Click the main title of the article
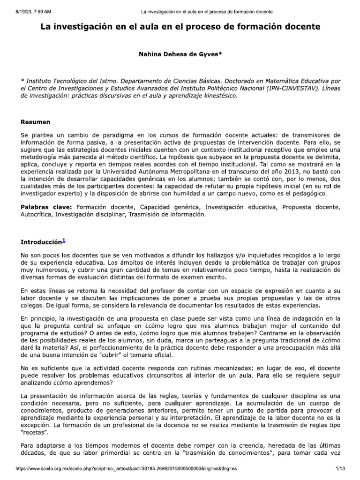(180, 27)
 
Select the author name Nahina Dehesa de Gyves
(180, 55)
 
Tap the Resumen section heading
(35, 122)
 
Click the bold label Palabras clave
(46, 207)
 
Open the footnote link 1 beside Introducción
(64, 241)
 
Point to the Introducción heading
(41, 242)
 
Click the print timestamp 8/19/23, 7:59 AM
(30, 11)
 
